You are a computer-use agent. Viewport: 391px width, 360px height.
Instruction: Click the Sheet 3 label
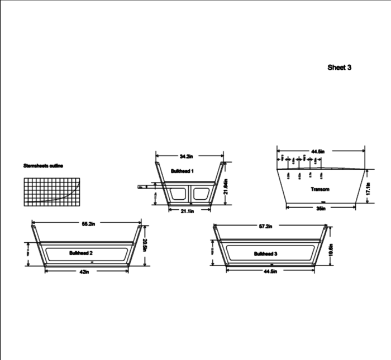339,68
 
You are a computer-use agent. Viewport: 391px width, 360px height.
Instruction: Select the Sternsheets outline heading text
43,166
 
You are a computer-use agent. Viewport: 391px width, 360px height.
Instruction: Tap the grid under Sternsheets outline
52,191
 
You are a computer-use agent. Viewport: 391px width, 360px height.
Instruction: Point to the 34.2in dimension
190,156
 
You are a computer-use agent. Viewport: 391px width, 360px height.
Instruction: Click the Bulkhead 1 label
182,171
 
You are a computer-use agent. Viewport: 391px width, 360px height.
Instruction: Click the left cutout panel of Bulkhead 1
178,194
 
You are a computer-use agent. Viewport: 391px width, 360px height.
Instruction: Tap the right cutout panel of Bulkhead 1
202,194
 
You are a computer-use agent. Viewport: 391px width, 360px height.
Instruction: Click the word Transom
320,189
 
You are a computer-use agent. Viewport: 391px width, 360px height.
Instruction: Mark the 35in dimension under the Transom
321,208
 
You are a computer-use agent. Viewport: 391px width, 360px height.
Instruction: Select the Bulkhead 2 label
81,253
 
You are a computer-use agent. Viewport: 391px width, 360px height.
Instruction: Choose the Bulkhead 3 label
265,253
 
